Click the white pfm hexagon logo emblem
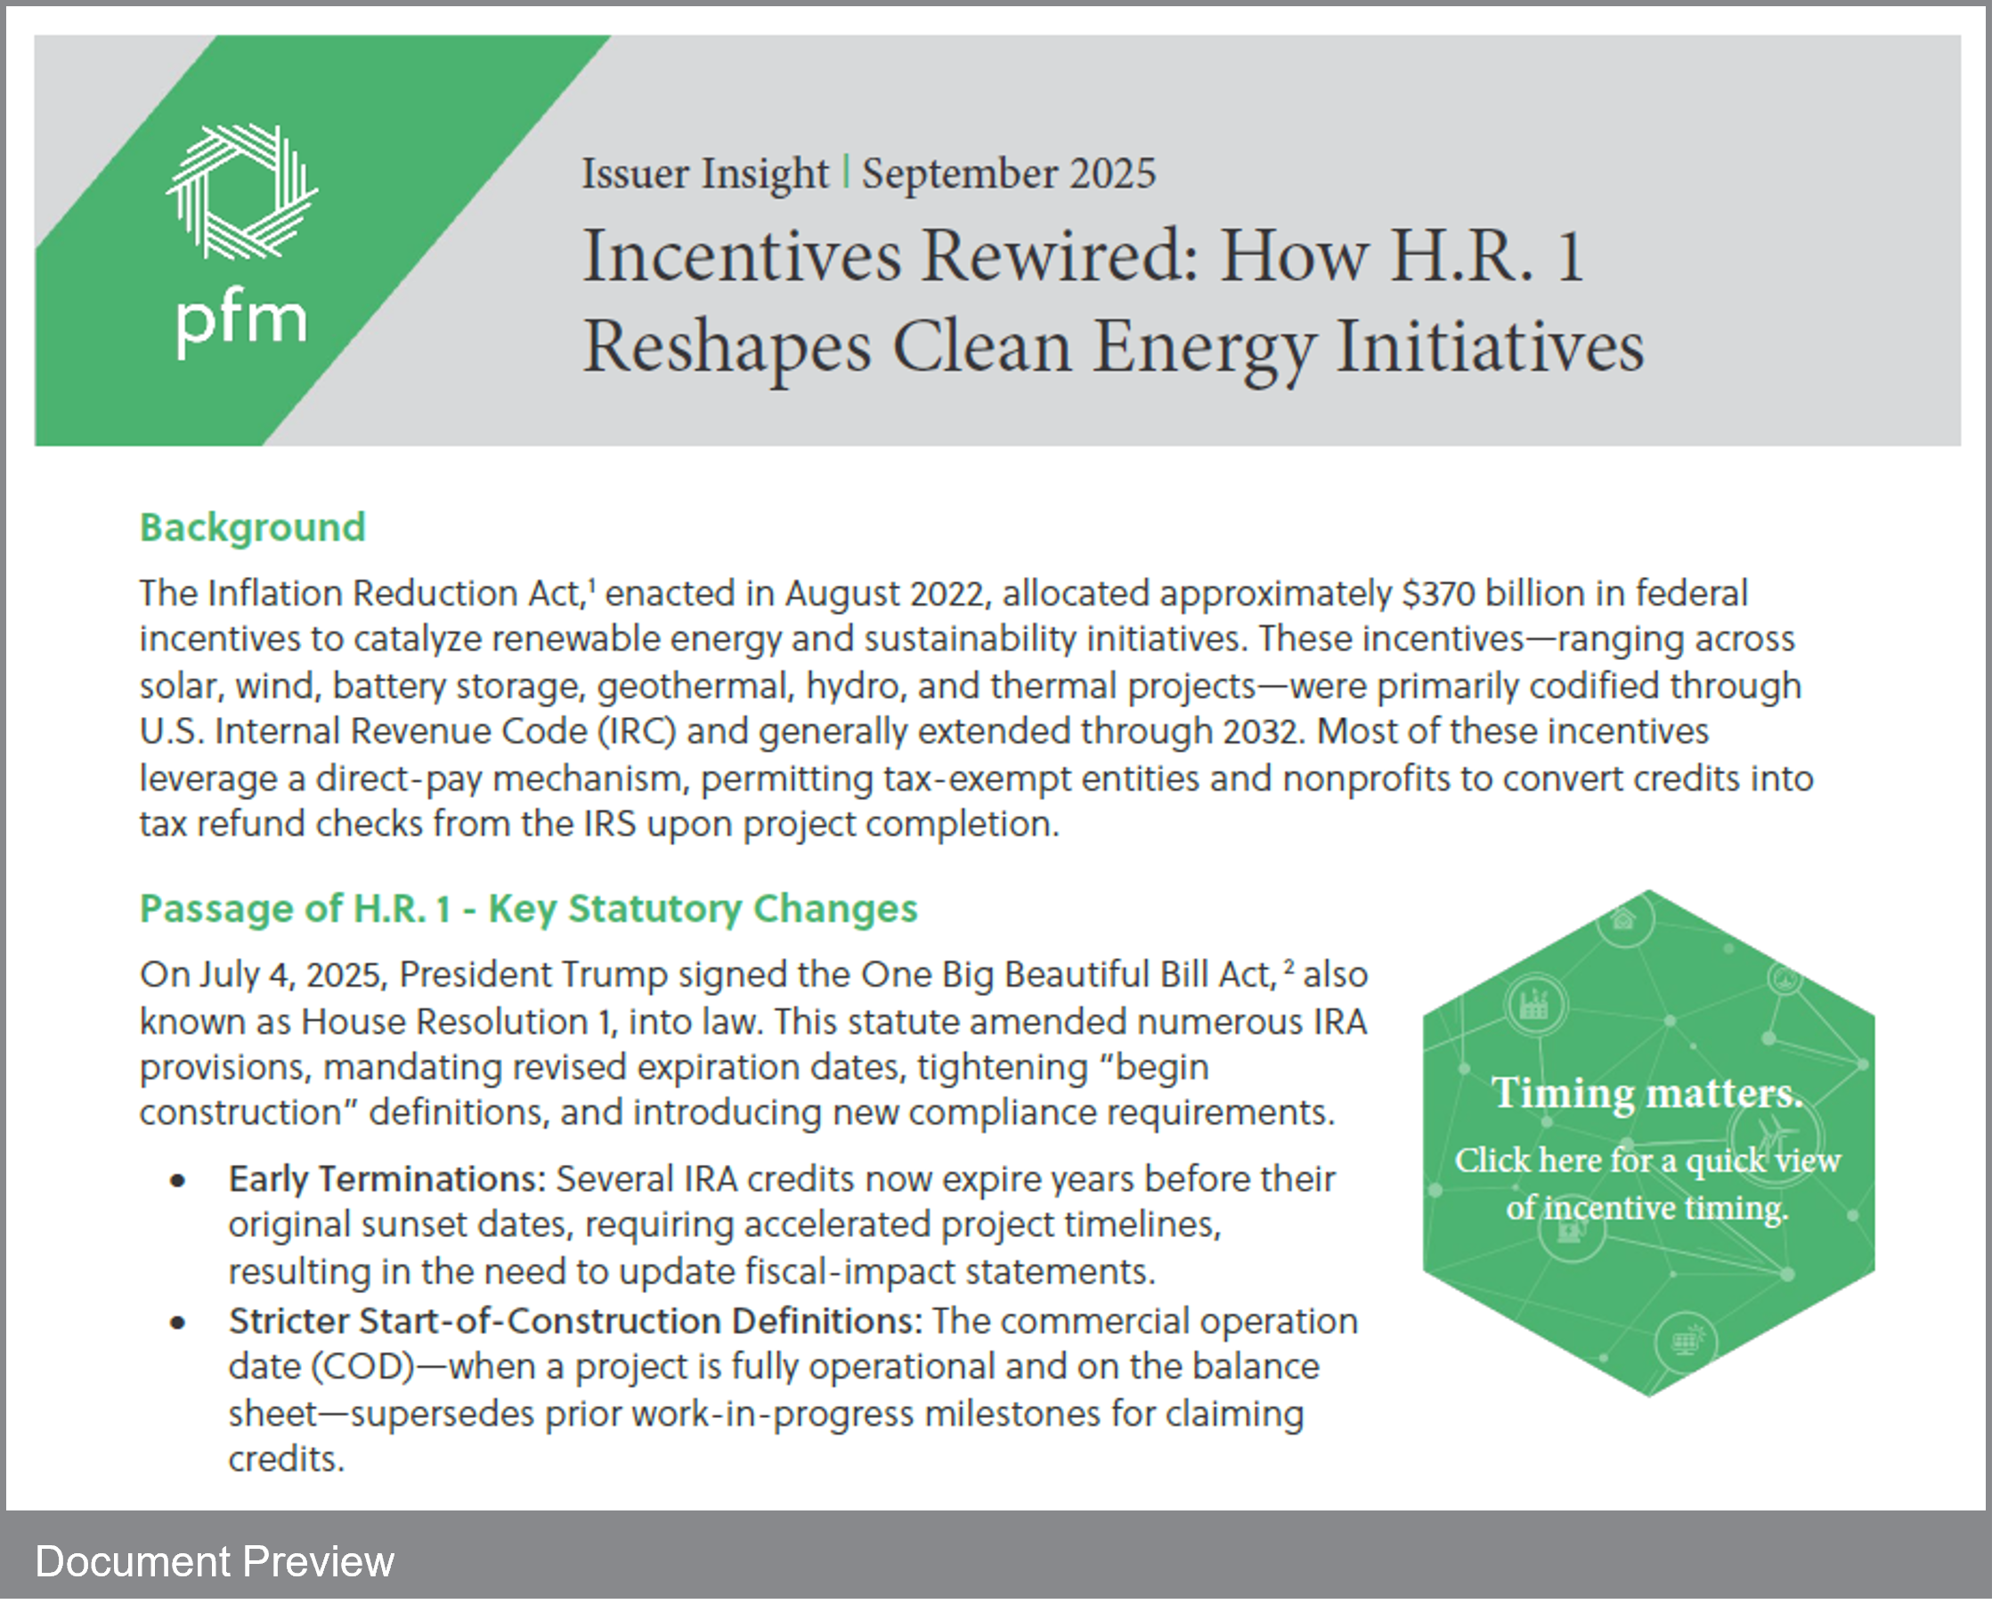(x=242, y=191)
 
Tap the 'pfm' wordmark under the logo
(x=241, y=323)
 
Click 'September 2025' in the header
(x=1009, y=174)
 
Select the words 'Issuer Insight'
(x=704, y=174)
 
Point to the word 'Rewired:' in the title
(x=1060, y=256)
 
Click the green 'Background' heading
(x=253, y=527)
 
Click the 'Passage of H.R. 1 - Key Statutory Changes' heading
(x=528, y=908)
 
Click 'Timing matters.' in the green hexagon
(x=1647, y=1093)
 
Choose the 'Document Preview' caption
(x=215, y=1562)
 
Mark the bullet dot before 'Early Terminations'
(x=178, y=1181)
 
